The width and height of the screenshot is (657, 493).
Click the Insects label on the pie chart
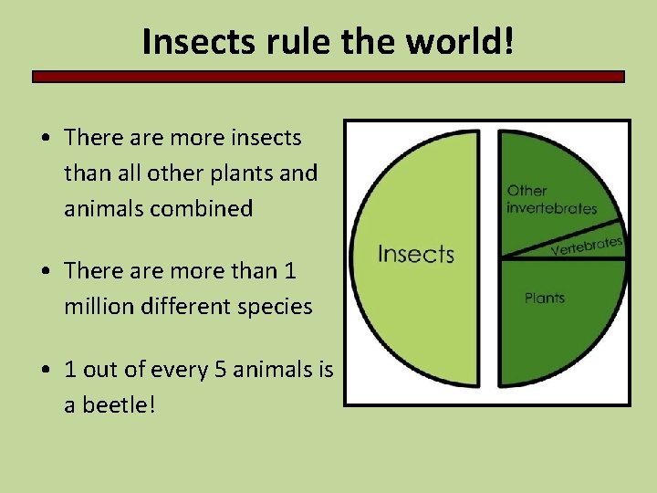[415, 253]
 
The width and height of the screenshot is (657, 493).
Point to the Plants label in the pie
[545, 298]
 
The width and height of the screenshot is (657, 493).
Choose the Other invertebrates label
[551, 199]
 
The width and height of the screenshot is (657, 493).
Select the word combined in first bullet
[205, 209]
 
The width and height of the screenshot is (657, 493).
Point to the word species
[275, 307]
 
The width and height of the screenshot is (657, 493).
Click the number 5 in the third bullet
[225, 370]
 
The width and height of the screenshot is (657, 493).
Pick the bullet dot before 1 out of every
[45, 371]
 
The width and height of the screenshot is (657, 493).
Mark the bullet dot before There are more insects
[45, 139]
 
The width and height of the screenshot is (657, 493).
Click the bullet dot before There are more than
[45, 272]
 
